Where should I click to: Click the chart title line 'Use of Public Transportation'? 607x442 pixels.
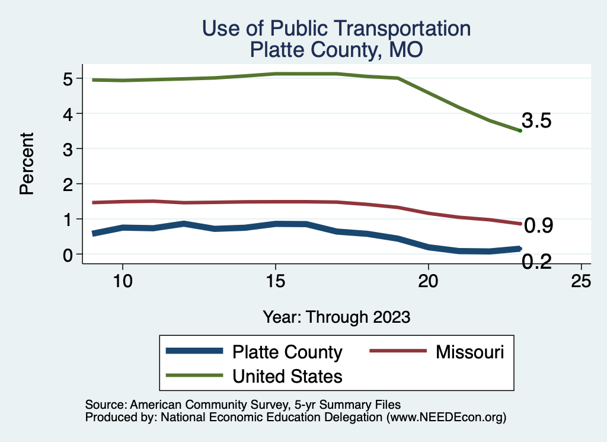point(336,28)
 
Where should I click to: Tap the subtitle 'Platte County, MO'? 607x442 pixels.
point(336,49)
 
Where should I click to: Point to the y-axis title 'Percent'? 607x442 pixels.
point(26,172)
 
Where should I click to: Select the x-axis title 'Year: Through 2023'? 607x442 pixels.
point(336,317)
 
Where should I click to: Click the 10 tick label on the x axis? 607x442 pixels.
point(122,281)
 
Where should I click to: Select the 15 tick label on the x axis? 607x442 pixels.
point(275,281)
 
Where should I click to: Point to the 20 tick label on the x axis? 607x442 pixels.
point(429,281)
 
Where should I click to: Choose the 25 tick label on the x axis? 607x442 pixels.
point(582,281)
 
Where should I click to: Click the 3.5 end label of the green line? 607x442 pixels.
point(537,122)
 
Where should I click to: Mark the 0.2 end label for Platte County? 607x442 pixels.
point(537,262)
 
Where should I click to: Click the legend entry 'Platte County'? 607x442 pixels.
point(287,352)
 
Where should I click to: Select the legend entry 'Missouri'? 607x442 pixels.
point(470,352)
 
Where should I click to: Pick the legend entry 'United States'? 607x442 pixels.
point(287,376)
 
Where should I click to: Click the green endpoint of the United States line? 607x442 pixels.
point(520,131)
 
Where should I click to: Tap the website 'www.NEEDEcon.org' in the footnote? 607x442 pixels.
point(446,417)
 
